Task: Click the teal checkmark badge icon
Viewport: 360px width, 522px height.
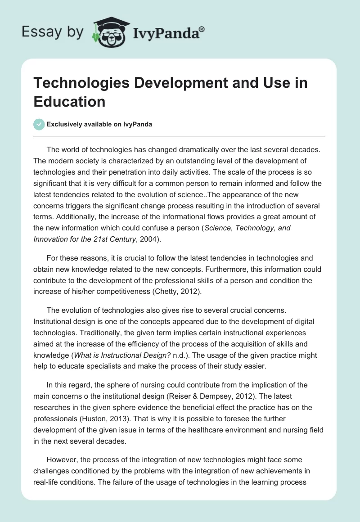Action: pyautogui.click(x=39, y=124)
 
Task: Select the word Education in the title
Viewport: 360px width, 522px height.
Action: pyautogui.click(x=69, y=101)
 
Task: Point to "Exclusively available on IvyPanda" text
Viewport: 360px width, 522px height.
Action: pyautogui.click(x=99, y=124)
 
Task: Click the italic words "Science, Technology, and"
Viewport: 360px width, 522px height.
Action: pyautogui.click(x=248, y=229)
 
